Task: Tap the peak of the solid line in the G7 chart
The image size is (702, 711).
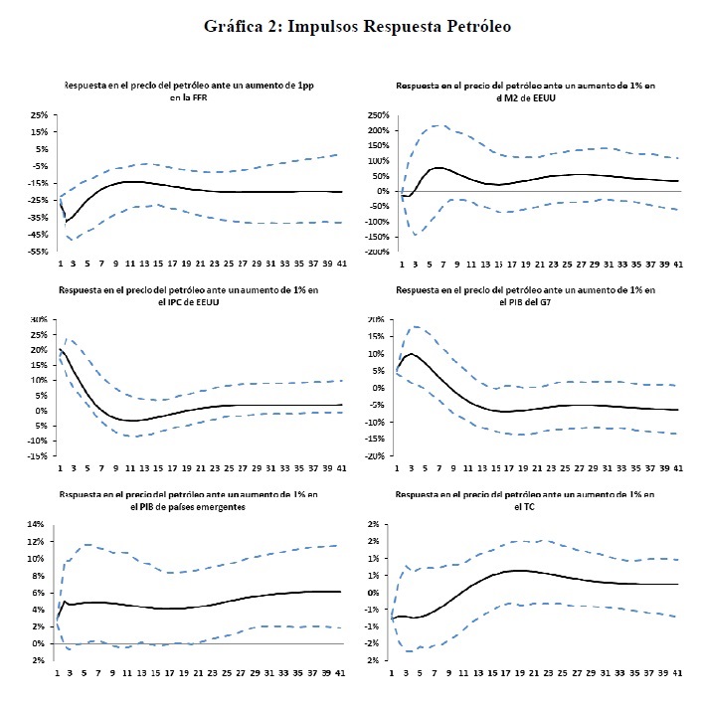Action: pyautogui.click(x=413, y=353)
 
